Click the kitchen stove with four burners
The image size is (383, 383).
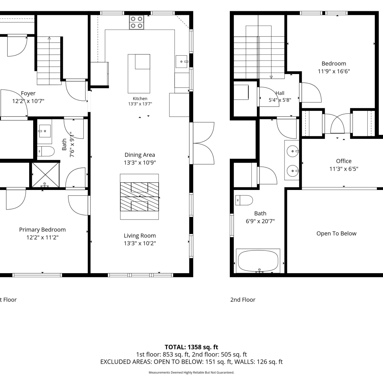[x=136, y=22]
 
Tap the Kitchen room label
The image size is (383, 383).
[x=140, y=99]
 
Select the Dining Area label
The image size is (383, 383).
[x=140, y=155]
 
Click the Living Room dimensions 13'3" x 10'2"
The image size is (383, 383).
[x=140, y=243]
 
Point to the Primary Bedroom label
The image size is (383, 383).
[x=42, y=230]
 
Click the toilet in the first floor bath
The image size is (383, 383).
[x=46, y=151]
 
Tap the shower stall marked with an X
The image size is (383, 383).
[x=45, y=175]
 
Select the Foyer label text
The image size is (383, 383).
[x=28, y=93]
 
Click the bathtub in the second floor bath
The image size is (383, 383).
[x=258, y=261]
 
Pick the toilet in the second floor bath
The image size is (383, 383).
[x=244, y=200]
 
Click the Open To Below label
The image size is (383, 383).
[x=336, y=233]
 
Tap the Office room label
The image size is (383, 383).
[x=344, y=161]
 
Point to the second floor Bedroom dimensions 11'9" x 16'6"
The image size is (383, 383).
[x=334, y=71]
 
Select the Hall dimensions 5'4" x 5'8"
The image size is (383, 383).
[x=280, y=100]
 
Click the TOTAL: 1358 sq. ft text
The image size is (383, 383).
[x=192, y=347]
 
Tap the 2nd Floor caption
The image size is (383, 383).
[x=243, y=300]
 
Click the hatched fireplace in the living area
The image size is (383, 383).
[x=139, y=197]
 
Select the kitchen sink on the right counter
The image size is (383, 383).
[x=182, y=62]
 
